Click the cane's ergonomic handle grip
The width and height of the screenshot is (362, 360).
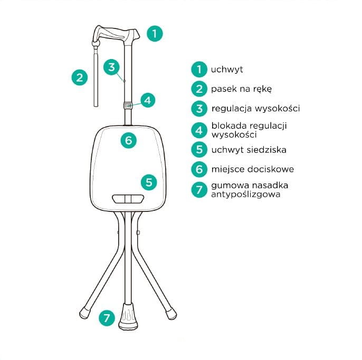tap(116, 33)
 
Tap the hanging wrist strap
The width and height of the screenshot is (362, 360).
tap(96, 76)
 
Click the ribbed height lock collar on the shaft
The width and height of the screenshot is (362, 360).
tap(128, 105)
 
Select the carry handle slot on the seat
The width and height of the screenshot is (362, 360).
tap(128, 199)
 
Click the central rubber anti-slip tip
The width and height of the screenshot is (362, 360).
tap(128, 316)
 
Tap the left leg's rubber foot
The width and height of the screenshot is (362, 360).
tap(85, 313)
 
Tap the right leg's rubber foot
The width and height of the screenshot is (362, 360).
tap(171, 314)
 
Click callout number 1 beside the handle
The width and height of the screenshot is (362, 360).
tap(155, 34)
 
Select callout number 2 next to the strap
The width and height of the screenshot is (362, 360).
tap(80, 77)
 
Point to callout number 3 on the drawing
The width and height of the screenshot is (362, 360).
tap(111, 67)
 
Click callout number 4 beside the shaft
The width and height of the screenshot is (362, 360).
tap(148, 100)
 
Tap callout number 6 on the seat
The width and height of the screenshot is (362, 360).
tap(129, 140)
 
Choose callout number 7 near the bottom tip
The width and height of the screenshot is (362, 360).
tap(107, 318)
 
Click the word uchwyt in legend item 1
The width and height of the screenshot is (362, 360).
tap(227, 70)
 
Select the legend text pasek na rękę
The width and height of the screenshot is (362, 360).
tap(241, 89)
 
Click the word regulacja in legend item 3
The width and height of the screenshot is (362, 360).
tap(232, 109)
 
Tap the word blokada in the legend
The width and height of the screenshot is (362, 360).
tap(229, 125)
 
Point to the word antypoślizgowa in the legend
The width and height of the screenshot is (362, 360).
tap(246, 194)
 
